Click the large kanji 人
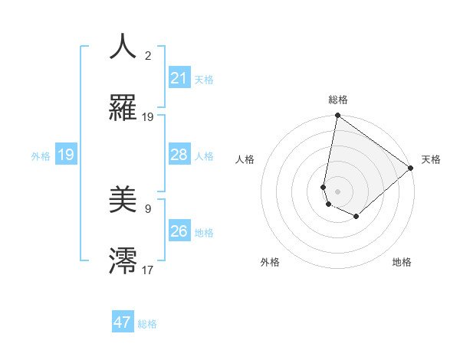(123, 47)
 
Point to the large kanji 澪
(123, 260)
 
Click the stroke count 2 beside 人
(148, 56)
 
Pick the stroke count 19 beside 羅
(148, 117)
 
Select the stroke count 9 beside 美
(148, 208)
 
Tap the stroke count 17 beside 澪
(148, 269)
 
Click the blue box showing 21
(179, 78)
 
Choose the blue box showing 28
(179, 155)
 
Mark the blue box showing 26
(179, 231)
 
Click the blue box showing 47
(123, 322)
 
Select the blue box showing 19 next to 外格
(66, 155)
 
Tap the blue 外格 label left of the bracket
(41, 156)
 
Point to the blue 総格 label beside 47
(147, 324)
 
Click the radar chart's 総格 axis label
(338, 100)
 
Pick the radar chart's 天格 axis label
(431, 160)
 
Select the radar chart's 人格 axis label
(245, 160)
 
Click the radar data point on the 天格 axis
(411, 169)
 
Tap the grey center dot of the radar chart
(338, 190)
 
